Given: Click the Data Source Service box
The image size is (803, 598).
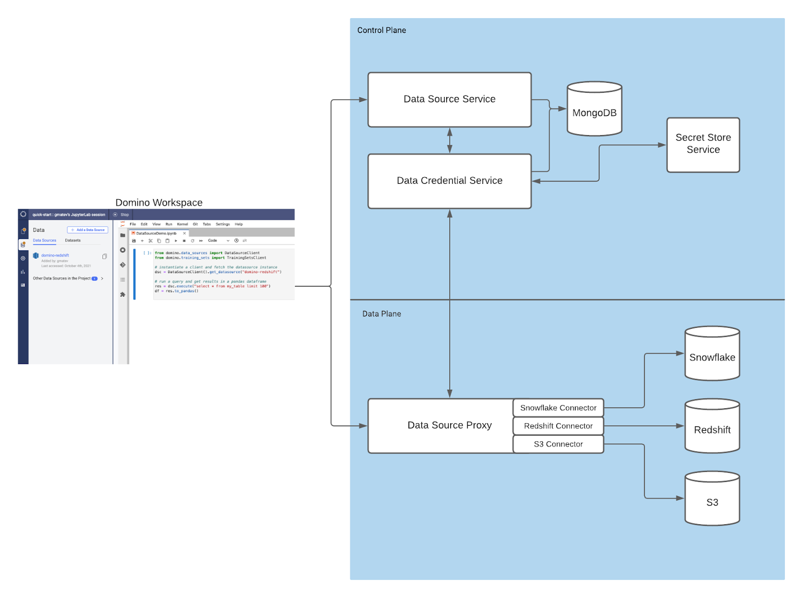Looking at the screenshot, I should [x=449, y=99].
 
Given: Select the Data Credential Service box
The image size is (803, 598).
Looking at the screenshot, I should [x=449, y=181].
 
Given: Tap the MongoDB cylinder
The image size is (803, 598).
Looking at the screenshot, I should [x=594, y=112].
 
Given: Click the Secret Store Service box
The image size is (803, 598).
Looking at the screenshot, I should [x=703, y=144].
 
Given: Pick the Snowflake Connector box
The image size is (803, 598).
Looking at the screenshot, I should [x=558, y=408].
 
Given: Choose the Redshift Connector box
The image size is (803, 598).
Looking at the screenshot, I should [x=558, y=426].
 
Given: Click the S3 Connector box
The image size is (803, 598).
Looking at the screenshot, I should [x=558, y=444].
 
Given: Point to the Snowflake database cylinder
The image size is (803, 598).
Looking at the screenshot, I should [x=712, y=357].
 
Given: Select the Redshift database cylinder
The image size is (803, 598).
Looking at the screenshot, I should [x=712, y=429].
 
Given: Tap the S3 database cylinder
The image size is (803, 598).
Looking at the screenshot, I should [x=712, y=502].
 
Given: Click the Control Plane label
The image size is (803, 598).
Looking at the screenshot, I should [x=381, y=30].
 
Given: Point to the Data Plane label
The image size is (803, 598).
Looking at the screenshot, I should [x=381, y=314].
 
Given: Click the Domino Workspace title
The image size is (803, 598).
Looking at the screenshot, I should [x=159, y=202].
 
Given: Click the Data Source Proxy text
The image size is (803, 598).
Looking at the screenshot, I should [x=449, y=425].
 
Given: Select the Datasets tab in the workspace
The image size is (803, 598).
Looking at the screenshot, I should [x=73, y=241].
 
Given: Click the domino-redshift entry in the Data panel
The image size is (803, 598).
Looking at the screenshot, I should [x=55, y=256].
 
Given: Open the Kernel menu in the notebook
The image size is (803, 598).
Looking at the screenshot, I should [x=182, y=224].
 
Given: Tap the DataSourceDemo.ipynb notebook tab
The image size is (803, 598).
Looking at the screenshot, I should [x=157, y=233].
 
